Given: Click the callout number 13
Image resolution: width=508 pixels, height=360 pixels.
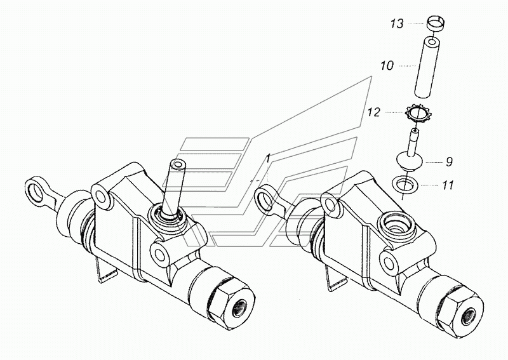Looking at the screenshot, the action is coord(396,23).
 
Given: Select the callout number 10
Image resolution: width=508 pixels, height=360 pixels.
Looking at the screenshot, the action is coord(387,66).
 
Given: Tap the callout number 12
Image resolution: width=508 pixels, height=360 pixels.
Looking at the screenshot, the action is coord(373,112).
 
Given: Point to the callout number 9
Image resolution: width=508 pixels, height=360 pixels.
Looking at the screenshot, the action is coord(449,162).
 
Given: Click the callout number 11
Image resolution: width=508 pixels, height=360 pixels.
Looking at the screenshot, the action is coord(448,185).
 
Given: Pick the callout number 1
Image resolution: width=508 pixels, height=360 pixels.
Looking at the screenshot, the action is coord(268,159).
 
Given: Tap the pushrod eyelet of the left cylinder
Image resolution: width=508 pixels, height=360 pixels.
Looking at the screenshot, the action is coord(37,191).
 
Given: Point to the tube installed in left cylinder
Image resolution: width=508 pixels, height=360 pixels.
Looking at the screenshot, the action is coord(174,188).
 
